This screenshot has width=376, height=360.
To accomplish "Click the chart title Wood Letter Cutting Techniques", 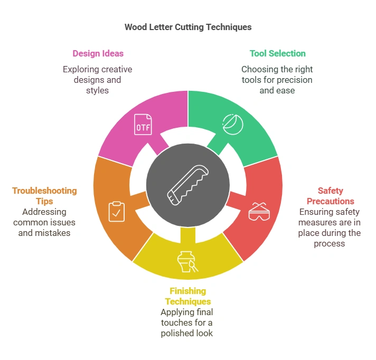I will tap(188, 27).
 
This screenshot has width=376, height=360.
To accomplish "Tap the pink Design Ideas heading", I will tap(98, 53).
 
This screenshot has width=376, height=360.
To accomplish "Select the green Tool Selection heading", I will tap(277, 53).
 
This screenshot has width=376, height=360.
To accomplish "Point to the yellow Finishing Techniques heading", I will tap(187, 296).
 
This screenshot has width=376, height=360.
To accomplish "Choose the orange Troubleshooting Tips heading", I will tap(44, 196).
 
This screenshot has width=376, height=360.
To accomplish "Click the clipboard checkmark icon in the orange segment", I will tap(117, 211).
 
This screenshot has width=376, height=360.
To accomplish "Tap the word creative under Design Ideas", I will tap(117, 69).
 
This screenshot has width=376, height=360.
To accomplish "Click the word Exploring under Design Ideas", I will tap(79, 69).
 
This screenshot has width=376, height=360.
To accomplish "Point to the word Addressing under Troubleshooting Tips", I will tap(44, 212).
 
